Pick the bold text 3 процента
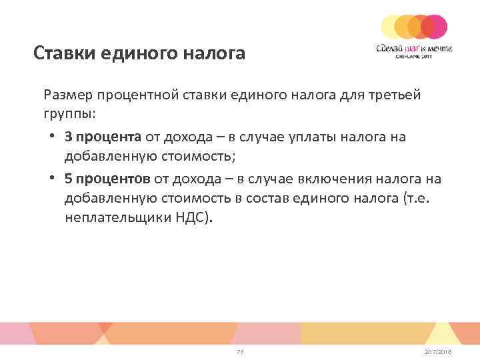[x=103, y=137]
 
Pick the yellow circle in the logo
[x=391, y=26]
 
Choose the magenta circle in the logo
[x=435, y=26]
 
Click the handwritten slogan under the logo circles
[x=413, y=48]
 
